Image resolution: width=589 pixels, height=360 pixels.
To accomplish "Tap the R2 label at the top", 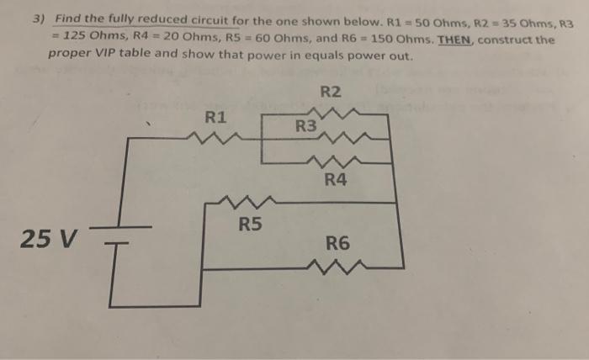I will (331, 92).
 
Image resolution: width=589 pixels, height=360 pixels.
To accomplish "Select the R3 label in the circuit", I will (306, 127).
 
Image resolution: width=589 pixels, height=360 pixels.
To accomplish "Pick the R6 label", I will (337, 245).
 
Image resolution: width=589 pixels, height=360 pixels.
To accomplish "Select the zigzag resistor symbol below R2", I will (335, 111).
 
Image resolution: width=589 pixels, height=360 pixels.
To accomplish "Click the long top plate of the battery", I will (120, 226).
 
